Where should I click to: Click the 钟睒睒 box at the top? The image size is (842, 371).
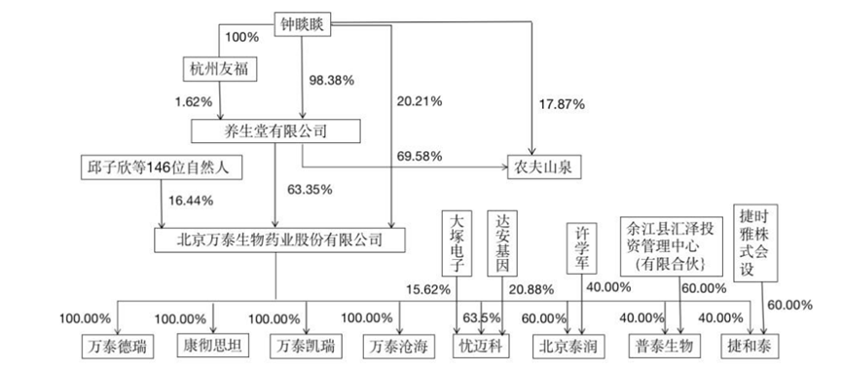(x=304, y=24)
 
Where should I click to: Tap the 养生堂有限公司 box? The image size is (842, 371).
(x=275, y=131)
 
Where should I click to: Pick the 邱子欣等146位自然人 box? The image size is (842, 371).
(x=161, y=167)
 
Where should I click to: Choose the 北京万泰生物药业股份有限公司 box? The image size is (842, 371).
(x=279, y=240)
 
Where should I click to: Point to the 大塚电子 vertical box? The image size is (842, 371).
(x=457, y=242)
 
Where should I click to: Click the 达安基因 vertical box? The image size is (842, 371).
(x=502, y=242)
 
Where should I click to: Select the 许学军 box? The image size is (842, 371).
(x=582, y=248)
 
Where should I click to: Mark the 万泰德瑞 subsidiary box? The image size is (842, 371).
(x=118, y=347)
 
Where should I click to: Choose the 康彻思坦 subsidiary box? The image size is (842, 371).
(x=213, y=345)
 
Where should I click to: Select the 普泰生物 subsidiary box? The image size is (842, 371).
(x=666, y=346)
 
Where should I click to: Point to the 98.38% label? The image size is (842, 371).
(x=331, y=81)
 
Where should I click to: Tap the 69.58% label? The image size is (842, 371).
(x=420, y=157)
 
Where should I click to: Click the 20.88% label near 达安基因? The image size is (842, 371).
(x=531, y=290)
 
